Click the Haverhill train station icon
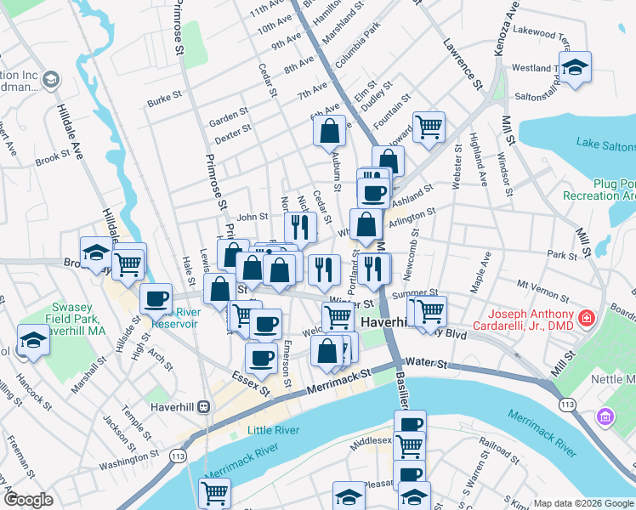pyautogui.click(x=204, y=406)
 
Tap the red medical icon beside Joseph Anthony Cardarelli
pyautogui.click(x=586, y=319)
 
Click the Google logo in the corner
pyautogui.click(x=29, y=501)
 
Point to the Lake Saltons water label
pyautogui.click(x=605, y=144)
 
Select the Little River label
pyautogui.click(x=273, y=430)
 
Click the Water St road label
pyautogui.click(x=427, y=364)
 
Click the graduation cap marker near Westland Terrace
pyautogui.click(x=575, y=67)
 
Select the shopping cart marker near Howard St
pyautogui.click(x=429, y=127)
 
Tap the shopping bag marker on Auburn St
pyautogui.click(x=329, y=132)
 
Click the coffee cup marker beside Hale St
pyautogui.click(x=156, y=299)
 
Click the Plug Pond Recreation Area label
pyautogui.click(x=599, y=189)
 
